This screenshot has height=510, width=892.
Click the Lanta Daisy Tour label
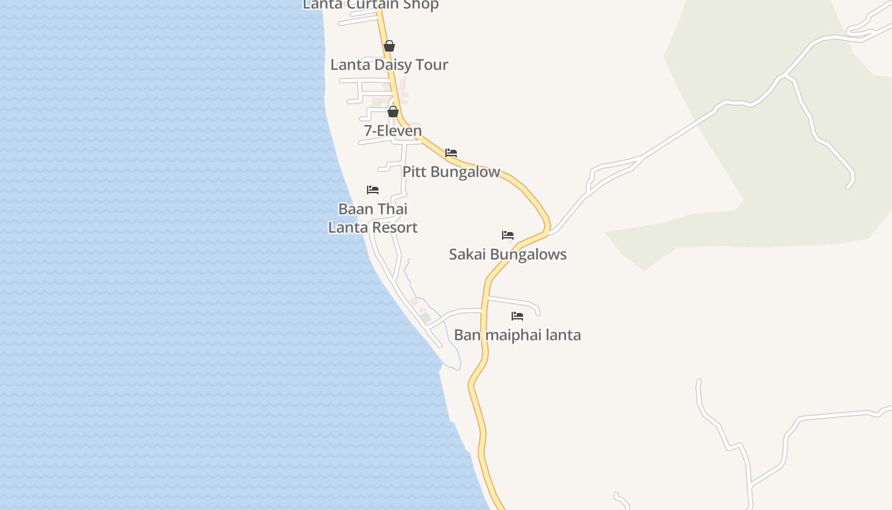tap(389, 64)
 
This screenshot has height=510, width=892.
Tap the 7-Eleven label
tap(392, 131)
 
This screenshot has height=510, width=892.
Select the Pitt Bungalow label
tap(451, 171)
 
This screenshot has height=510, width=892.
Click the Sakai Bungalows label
tap(508, 254)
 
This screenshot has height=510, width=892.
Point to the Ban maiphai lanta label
tap(517, 335)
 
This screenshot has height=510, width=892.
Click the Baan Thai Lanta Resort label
tap(373, 218)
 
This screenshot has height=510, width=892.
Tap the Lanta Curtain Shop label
tap(370, 5)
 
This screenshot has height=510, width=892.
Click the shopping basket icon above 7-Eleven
tap(393, 112)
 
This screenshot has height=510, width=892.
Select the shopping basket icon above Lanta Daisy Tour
tap(389, 46)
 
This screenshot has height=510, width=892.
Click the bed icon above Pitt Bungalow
tap(451, 153)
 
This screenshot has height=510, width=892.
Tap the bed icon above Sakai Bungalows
tap(508, 235)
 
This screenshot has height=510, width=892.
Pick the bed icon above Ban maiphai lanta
tap(517, 316)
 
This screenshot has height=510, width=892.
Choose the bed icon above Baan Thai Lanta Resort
tap(373, 190)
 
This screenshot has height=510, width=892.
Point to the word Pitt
tap(414, 171)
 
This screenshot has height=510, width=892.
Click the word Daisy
tap(396, 64)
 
